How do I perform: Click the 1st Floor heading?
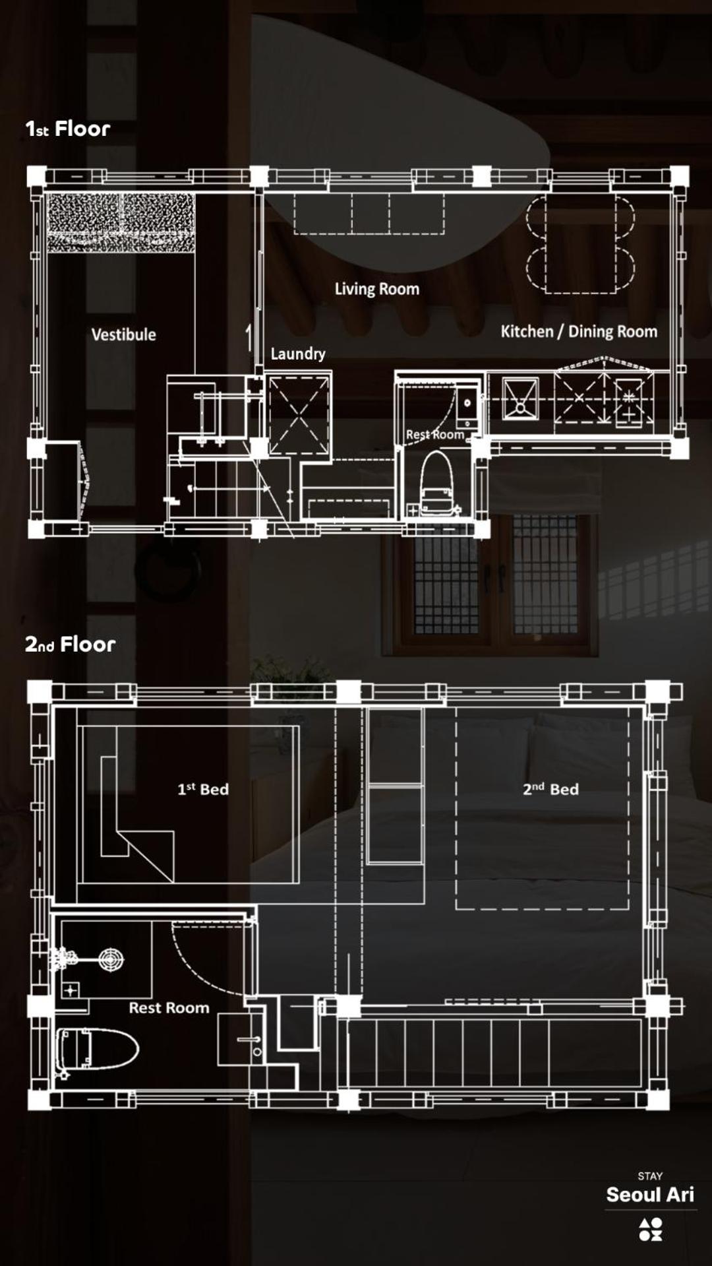[68, 129]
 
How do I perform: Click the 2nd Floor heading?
[70, 644]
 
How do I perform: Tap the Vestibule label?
[124, 334]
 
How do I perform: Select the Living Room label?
[377, 289]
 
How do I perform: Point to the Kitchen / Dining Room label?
[579, 331]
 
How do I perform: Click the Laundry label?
[298, 354]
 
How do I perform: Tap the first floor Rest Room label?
[435, 434]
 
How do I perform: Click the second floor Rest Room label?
[169, 1007]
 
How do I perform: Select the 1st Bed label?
[203, 789]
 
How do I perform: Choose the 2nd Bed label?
[550, 789]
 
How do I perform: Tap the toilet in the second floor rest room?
[98, 1049]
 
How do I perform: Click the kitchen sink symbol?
[521, 398]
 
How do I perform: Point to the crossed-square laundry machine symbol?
[299, 414]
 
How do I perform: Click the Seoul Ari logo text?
[650, 1195]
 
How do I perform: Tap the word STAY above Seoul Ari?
[650, 1176]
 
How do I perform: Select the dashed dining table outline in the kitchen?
[580, 243]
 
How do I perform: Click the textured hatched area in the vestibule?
[121, 222]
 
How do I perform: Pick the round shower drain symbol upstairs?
[111, 960]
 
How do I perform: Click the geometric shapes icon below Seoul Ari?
[650, 1230]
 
